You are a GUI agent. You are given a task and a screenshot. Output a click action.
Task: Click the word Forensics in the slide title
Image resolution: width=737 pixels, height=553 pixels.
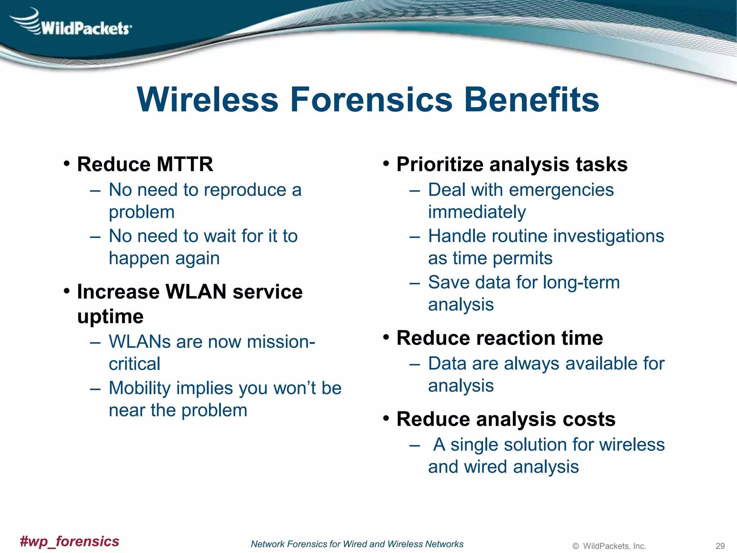coord(371,100)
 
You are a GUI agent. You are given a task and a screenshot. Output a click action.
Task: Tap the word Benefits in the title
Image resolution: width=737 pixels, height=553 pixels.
coord(532,100)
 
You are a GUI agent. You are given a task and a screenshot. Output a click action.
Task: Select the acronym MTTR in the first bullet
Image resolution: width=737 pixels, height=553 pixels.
coord(185,164)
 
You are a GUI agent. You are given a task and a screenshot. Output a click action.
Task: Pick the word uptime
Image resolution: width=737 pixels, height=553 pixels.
coord(110,317)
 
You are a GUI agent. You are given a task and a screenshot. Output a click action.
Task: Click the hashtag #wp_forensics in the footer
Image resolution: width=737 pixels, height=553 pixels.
coord(69,541)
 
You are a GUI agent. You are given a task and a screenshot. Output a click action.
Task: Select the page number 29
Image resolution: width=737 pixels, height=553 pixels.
coord(720,546)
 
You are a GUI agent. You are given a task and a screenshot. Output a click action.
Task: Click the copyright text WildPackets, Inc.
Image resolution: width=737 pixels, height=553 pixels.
coord(614,546)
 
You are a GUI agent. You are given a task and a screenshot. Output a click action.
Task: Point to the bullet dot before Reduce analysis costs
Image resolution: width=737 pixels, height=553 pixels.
coord(386,419)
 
